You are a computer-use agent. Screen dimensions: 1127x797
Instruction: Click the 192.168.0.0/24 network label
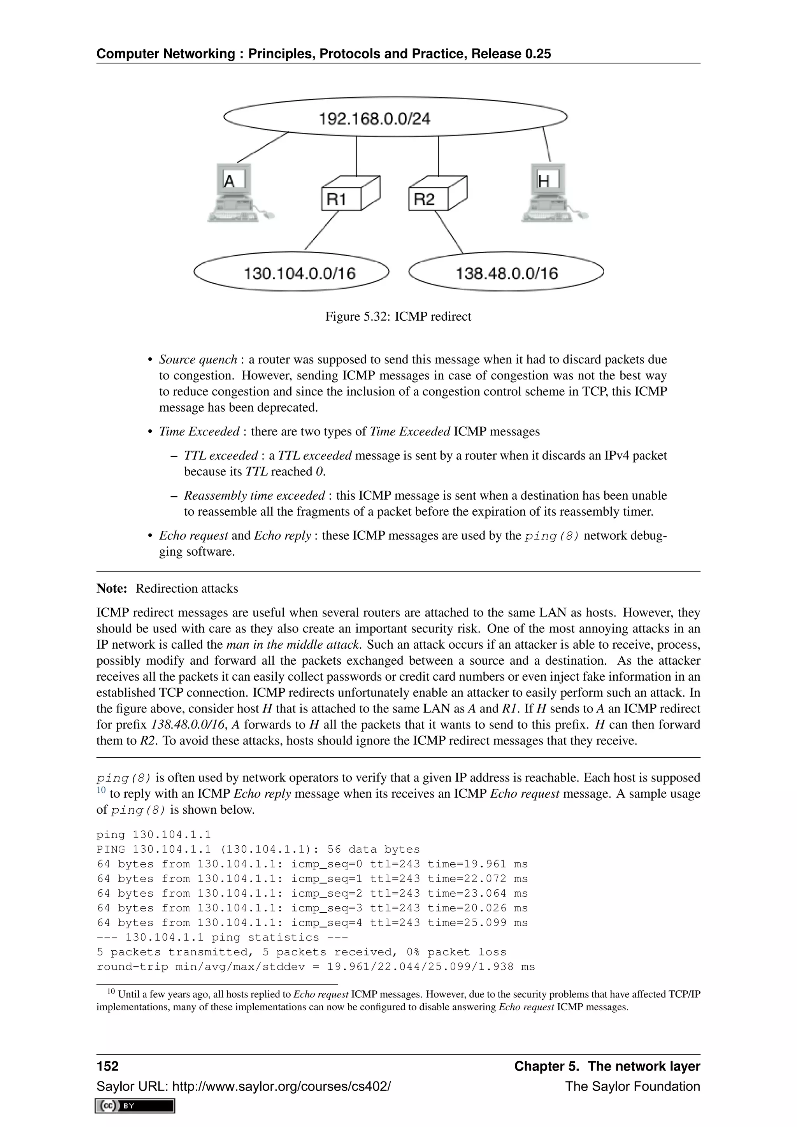(374, 119)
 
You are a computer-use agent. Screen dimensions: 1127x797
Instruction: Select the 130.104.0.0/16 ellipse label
(299, 273)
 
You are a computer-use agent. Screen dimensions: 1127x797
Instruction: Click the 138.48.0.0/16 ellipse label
(506, 273)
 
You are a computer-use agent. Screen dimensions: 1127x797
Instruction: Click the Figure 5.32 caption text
(398, 317)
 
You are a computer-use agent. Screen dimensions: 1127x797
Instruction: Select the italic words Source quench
(198, 360)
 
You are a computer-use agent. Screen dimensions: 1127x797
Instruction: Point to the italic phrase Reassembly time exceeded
(254, 495)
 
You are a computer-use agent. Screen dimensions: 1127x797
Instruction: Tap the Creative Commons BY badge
(135, 1106)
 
